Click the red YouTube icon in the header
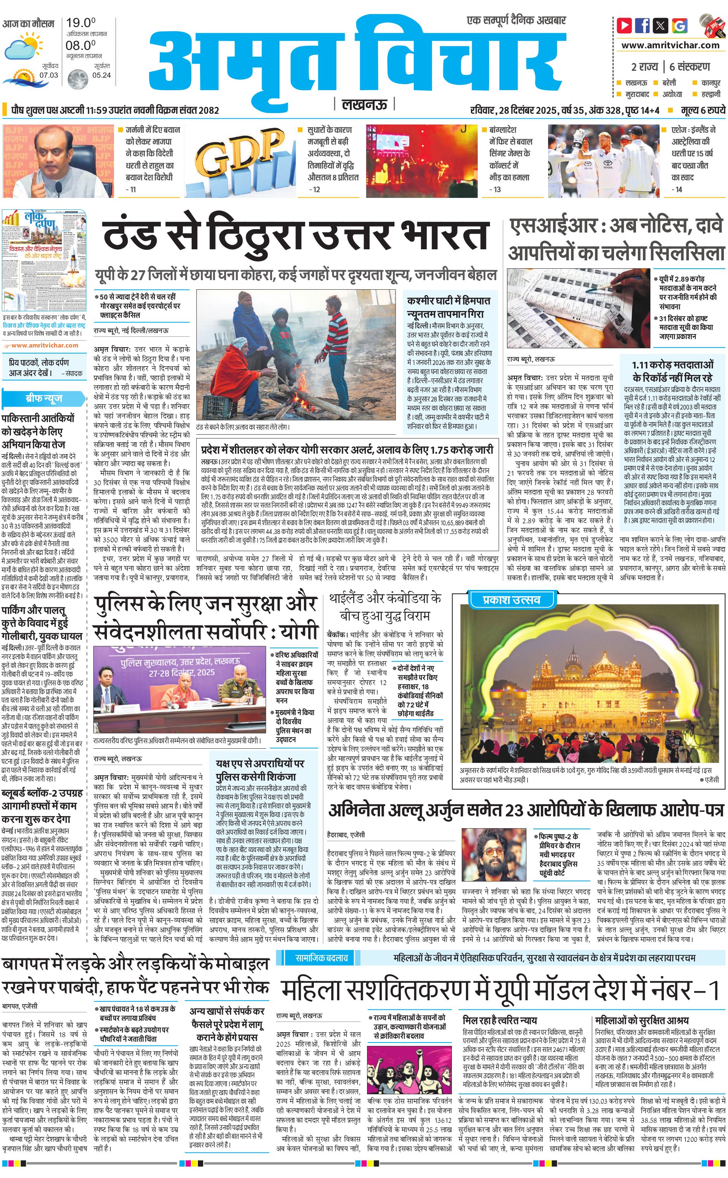coord(625,25)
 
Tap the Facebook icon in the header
coord(642,25)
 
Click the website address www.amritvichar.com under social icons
coord(670,45)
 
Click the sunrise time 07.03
coord(49,75)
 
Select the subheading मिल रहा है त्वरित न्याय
coord(499,1020)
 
